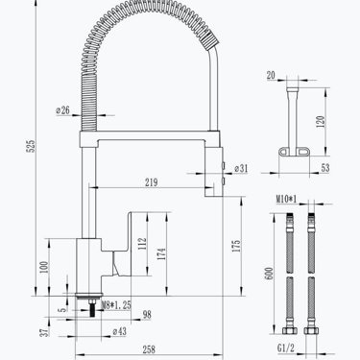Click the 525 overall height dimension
point(32,146)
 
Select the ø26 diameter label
point(62,110)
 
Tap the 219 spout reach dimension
point(152,182)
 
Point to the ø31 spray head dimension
point(241,168)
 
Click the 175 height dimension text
point(236,246)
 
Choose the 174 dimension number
point(162,253)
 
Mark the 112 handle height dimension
point(143,244)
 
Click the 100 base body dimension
point(44,267)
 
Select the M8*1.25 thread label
point(116,305)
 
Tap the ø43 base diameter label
point(120,331)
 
